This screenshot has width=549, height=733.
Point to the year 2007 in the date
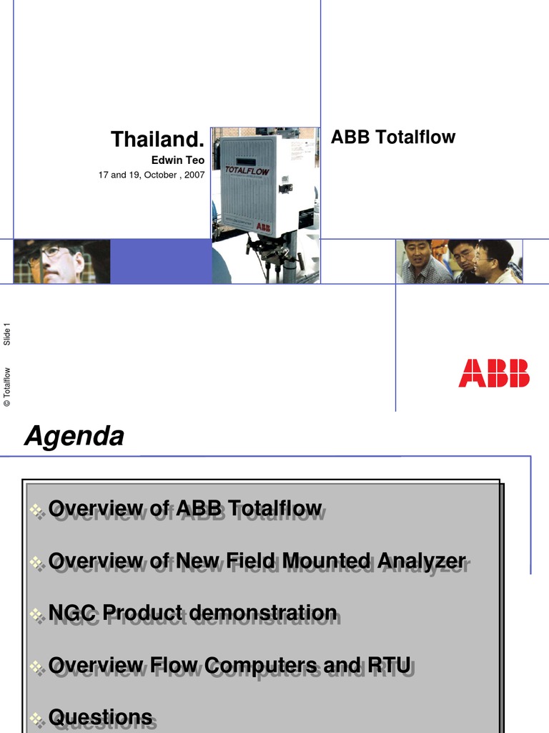click(194, 175)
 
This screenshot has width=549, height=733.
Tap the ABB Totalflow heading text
click(393, 137)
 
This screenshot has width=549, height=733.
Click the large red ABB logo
click(494, 374)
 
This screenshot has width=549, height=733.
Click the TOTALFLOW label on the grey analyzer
click(247, 172)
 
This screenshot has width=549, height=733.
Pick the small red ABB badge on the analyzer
click(264, 225)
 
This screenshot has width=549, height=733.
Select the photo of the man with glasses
click(61, 261)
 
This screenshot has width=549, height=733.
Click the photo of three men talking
click(459, 261)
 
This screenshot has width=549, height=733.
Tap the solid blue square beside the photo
click(161, 261)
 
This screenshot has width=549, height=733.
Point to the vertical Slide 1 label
click(8, 335)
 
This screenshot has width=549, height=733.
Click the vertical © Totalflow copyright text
click(8, 387)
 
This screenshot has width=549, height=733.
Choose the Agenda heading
click(74, 435)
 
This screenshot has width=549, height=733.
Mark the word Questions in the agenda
click(100, 717)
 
